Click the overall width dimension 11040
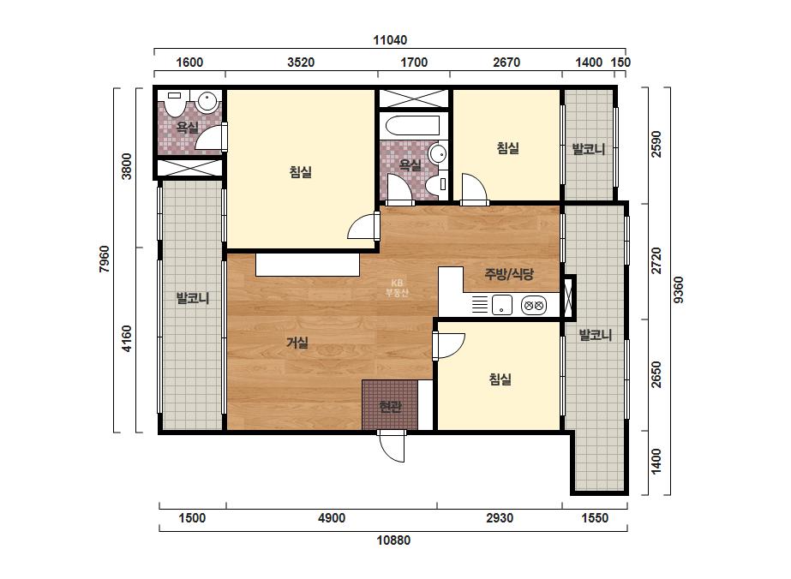click(390, 40)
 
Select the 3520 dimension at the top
click(301, 63)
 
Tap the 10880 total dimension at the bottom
click(393, 540)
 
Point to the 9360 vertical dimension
click(679, 289)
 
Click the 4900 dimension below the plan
click(332, 518)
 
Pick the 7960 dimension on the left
click(104, 259)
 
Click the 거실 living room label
click(297, 343)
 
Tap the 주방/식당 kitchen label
click(508, 274)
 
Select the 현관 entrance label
click(390, 406)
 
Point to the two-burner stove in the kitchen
click(533, 305)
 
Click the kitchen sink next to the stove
click(502, 305)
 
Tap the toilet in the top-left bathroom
click(175, 103)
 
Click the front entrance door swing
click(392, 446)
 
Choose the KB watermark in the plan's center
click(397, 288)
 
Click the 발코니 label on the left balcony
click(192, 298)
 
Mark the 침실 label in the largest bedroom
click(300, 172)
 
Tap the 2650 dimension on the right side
click(656, 374)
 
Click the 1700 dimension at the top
click(414, 63)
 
